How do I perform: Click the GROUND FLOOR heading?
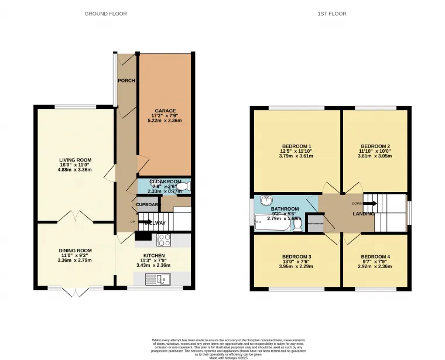point(106,13)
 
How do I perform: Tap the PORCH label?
point(126,81)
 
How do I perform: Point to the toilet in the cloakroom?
point(184,187)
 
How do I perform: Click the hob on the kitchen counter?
point(163,240)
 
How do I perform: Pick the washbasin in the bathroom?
point(267,200)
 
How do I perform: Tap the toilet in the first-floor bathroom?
point(299,224)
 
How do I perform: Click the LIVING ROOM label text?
point(75,160)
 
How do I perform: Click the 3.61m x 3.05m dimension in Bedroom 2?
point(375,157)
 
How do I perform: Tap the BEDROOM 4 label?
point(375,256)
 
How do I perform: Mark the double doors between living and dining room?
point(75,217)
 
